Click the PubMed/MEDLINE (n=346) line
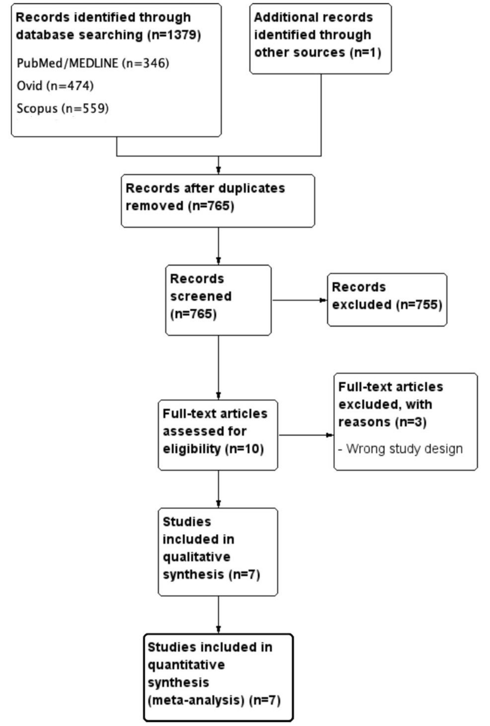[x=92, y=63]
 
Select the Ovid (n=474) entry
[x=55, y=85]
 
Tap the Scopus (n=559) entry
[x=62, y=108]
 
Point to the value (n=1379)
[x=174, y=35]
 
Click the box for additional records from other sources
[x=320, y=38]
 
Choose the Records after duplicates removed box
[x=218, y=200]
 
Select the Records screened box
[x=218, y=300]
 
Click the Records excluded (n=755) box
[x=387, y=299]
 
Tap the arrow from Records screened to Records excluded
[x=299, y=300]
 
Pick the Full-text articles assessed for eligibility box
[x=218, y=434]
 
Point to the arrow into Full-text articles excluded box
[x=305, y=435]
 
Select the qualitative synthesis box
[x=218, y=551]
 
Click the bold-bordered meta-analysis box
[x=218, y=677]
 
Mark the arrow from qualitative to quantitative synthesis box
[x=218, y=615]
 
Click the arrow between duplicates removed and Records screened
[x=218, y=246]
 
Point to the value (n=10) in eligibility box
[x=244, y=449]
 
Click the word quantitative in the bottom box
[x=186, y=665]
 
